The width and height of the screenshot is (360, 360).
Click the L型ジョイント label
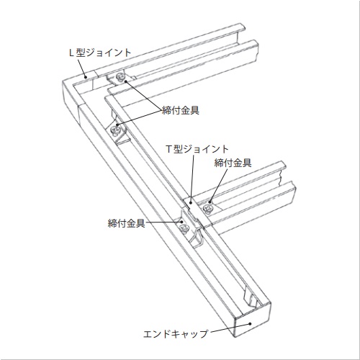click(100, 53)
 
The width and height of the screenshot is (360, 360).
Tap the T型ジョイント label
click(197, 149)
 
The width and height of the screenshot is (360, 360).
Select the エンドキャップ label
click(176, 334)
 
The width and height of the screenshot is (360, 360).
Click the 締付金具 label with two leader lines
click(181, 110)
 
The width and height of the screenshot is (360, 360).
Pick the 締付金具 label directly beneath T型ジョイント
click(233, 163)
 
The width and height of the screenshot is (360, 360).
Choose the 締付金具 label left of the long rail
click(127, 223)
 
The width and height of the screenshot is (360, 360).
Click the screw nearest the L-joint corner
click(120, 77)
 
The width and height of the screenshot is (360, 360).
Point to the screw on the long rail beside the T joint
click(185, 228)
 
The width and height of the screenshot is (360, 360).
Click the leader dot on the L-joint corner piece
click(85, 77)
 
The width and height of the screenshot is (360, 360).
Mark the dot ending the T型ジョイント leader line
click(191, 203)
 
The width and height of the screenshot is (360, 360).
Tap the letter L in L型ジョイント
click(71, 53)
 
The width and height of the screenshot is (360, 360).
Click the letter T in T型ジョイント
click(169, 149)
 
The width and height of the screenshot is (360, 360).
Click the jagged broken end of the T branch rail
click(288, 182)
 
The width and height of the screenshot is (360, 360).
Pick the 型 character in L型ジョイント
click(81, 53)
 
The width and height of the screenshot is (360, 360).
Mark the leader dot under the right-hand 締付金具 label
click(210, 202)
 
